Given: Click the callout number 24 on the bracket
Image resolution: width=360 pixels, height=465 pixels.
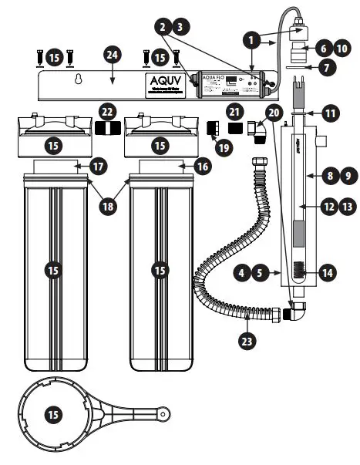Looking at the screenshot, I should point(113,55).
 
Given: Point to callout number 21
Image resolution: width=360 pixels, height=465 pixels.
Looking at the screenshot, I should point(236,113).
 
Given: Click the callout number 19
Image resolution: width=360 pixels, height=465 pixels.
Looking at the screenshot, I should point(224,143).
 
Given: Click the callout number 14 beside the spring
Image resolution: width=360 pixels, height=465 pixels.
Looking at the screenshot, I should point(328,272).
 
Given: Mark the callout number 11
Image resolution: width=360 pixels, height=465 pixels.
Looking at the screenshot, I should point(330,113).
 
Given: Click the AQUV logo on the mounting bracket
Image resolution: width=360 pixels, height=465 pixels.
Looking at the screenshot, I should point(165,82).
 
